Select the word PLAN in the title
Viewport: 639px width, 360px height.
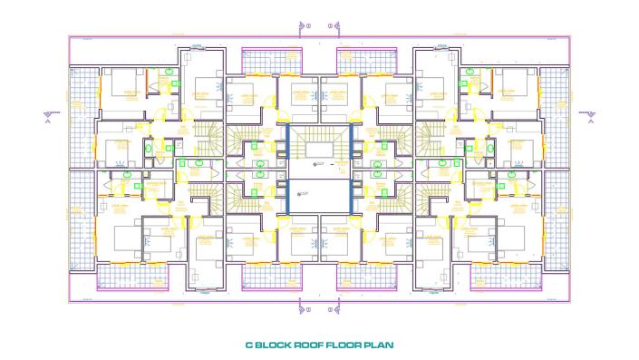pyautogui.click(x=376, y=345)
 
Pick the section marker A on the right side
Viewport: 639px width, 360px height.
pyautogui.click(x=591, y=114)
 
